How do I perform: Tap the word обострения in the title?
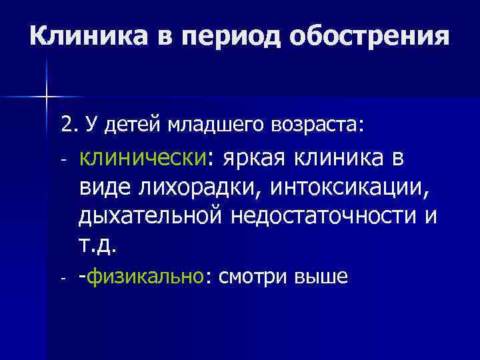369,35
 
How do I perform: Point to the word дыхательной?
152,217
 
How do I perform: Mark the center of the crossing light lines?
47,97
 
